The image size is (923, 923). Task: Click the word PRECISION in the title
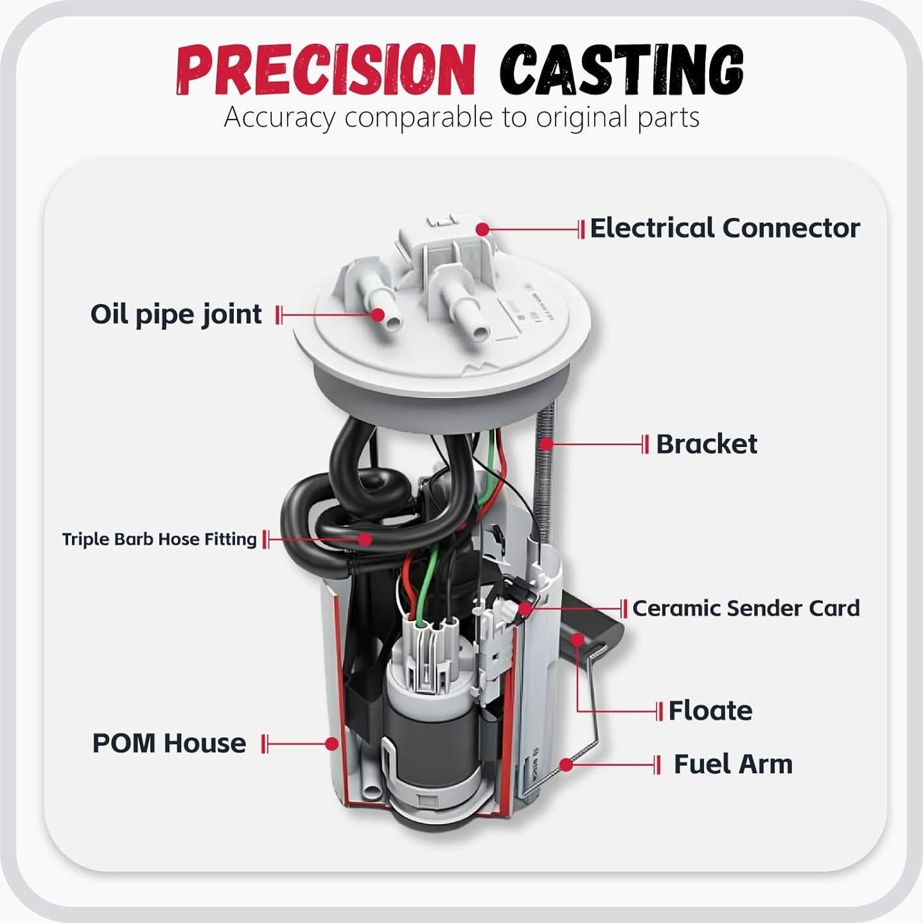pos(324,70)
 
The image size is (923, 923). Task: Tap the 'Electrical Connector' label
pos(724,228)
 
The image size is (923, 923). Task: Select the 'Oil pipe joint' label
pos(176,315)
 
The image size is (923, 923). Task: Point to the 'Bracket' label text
pos(706,444)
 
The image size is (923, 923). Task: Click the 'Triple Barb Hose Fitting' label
pos(159,539)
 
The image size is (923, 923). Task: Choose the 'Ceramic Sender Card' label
pos(746,608)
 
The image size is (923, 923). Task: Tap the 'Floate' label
pos(710,711)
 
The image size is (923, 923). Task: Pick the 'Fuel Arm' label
pos(733,764)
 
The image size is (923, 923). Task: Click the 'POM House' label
pos(169,743)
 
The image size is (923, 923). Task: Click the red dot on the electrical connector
pos(483,229)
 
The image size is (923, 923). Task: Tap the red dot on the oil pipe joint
pos(378,315)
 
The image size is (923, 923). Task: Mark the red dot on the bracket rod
pos(546,443)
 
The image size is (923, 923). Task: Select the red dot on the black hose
pos(365,539)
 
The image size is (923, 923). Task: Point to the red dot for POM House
pos(331,744)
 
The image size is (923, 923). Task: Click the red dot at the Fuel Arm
pos(566,764)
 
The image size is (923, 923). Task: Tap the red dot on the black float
pos(577,639)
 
